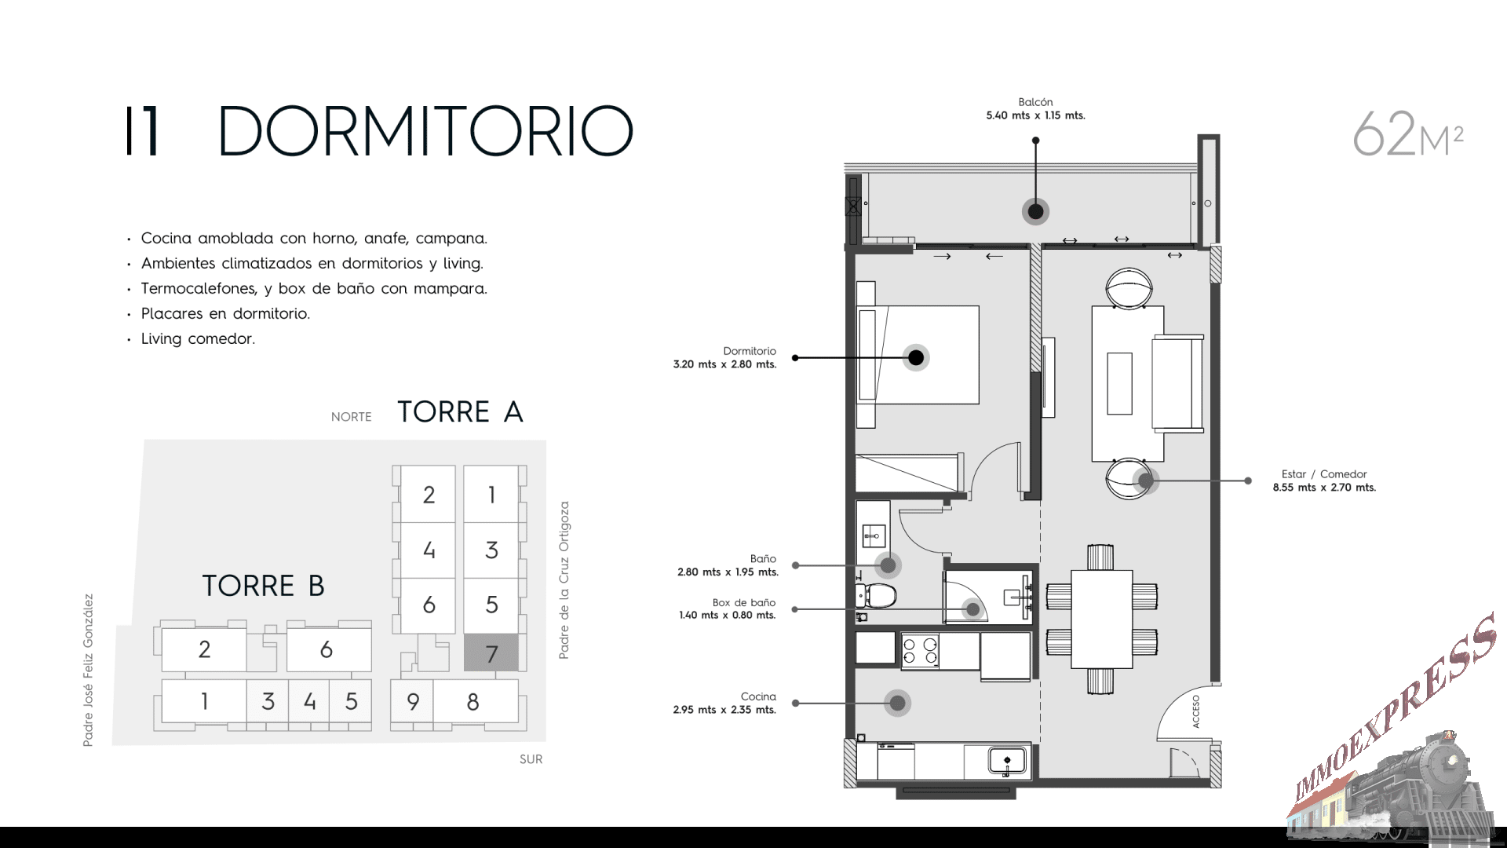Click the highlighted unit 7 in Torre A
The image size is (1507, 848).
(x=491, y=652)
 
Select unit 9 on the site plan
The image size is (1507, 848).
(x=413, y=701)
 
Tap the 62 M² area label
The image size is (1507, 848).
(x=1408, y=134)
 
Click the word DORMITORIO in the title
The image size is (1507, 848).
(x=425, y=131)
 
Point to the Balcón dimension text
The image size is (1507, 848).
(x=1035, y=115)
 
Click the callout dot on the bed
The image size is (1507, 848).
(x=916, y=358)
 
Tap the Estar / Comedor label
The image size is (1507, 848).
(x=1324, y=474)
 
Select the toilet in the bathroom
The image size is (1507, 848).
(x=876, y=595)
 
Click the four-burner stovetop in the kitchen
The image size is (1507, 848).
(x=920, y=651)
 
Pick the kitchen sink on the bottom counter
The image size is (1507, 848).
(x=1007, y=760)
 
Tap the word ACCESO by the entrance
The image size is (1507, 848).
(x=1196, y=711)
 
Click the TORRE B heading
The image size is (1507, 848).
(x=263, y=586)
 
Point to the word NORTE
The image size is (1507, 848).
(x=351, y=417)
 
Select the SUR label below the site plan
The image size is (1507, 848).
(x=531, y=759)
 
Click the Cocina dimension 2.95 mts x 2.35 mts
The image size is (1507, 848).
(x=724, y=710)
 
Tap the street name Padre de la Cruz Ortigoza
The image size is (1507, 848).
(x=564, y=580)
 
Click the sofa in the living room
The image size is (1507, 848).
(x=1177, y=383)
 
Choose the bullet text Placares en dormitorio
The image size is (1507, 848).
(x=225, y=313)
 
